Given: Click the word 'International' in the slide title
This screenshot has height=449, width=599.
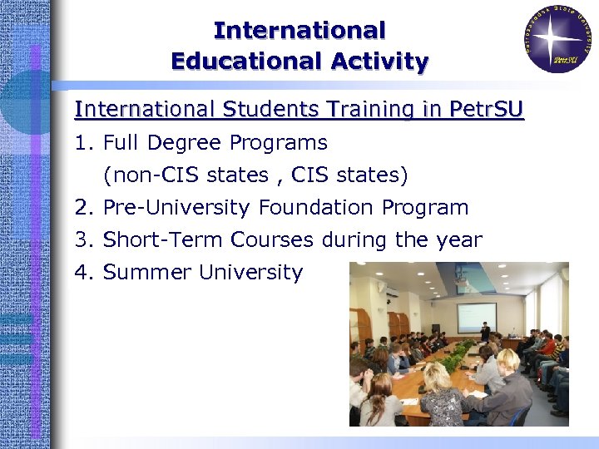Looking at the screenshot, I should (x=299, y=31).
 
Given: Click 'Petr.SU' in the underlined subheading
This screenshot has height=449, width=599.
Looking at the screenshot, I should (x=486, y=109).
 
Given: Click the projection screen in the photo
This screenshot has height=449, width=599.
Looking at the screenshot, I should (x=477, y=317).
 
